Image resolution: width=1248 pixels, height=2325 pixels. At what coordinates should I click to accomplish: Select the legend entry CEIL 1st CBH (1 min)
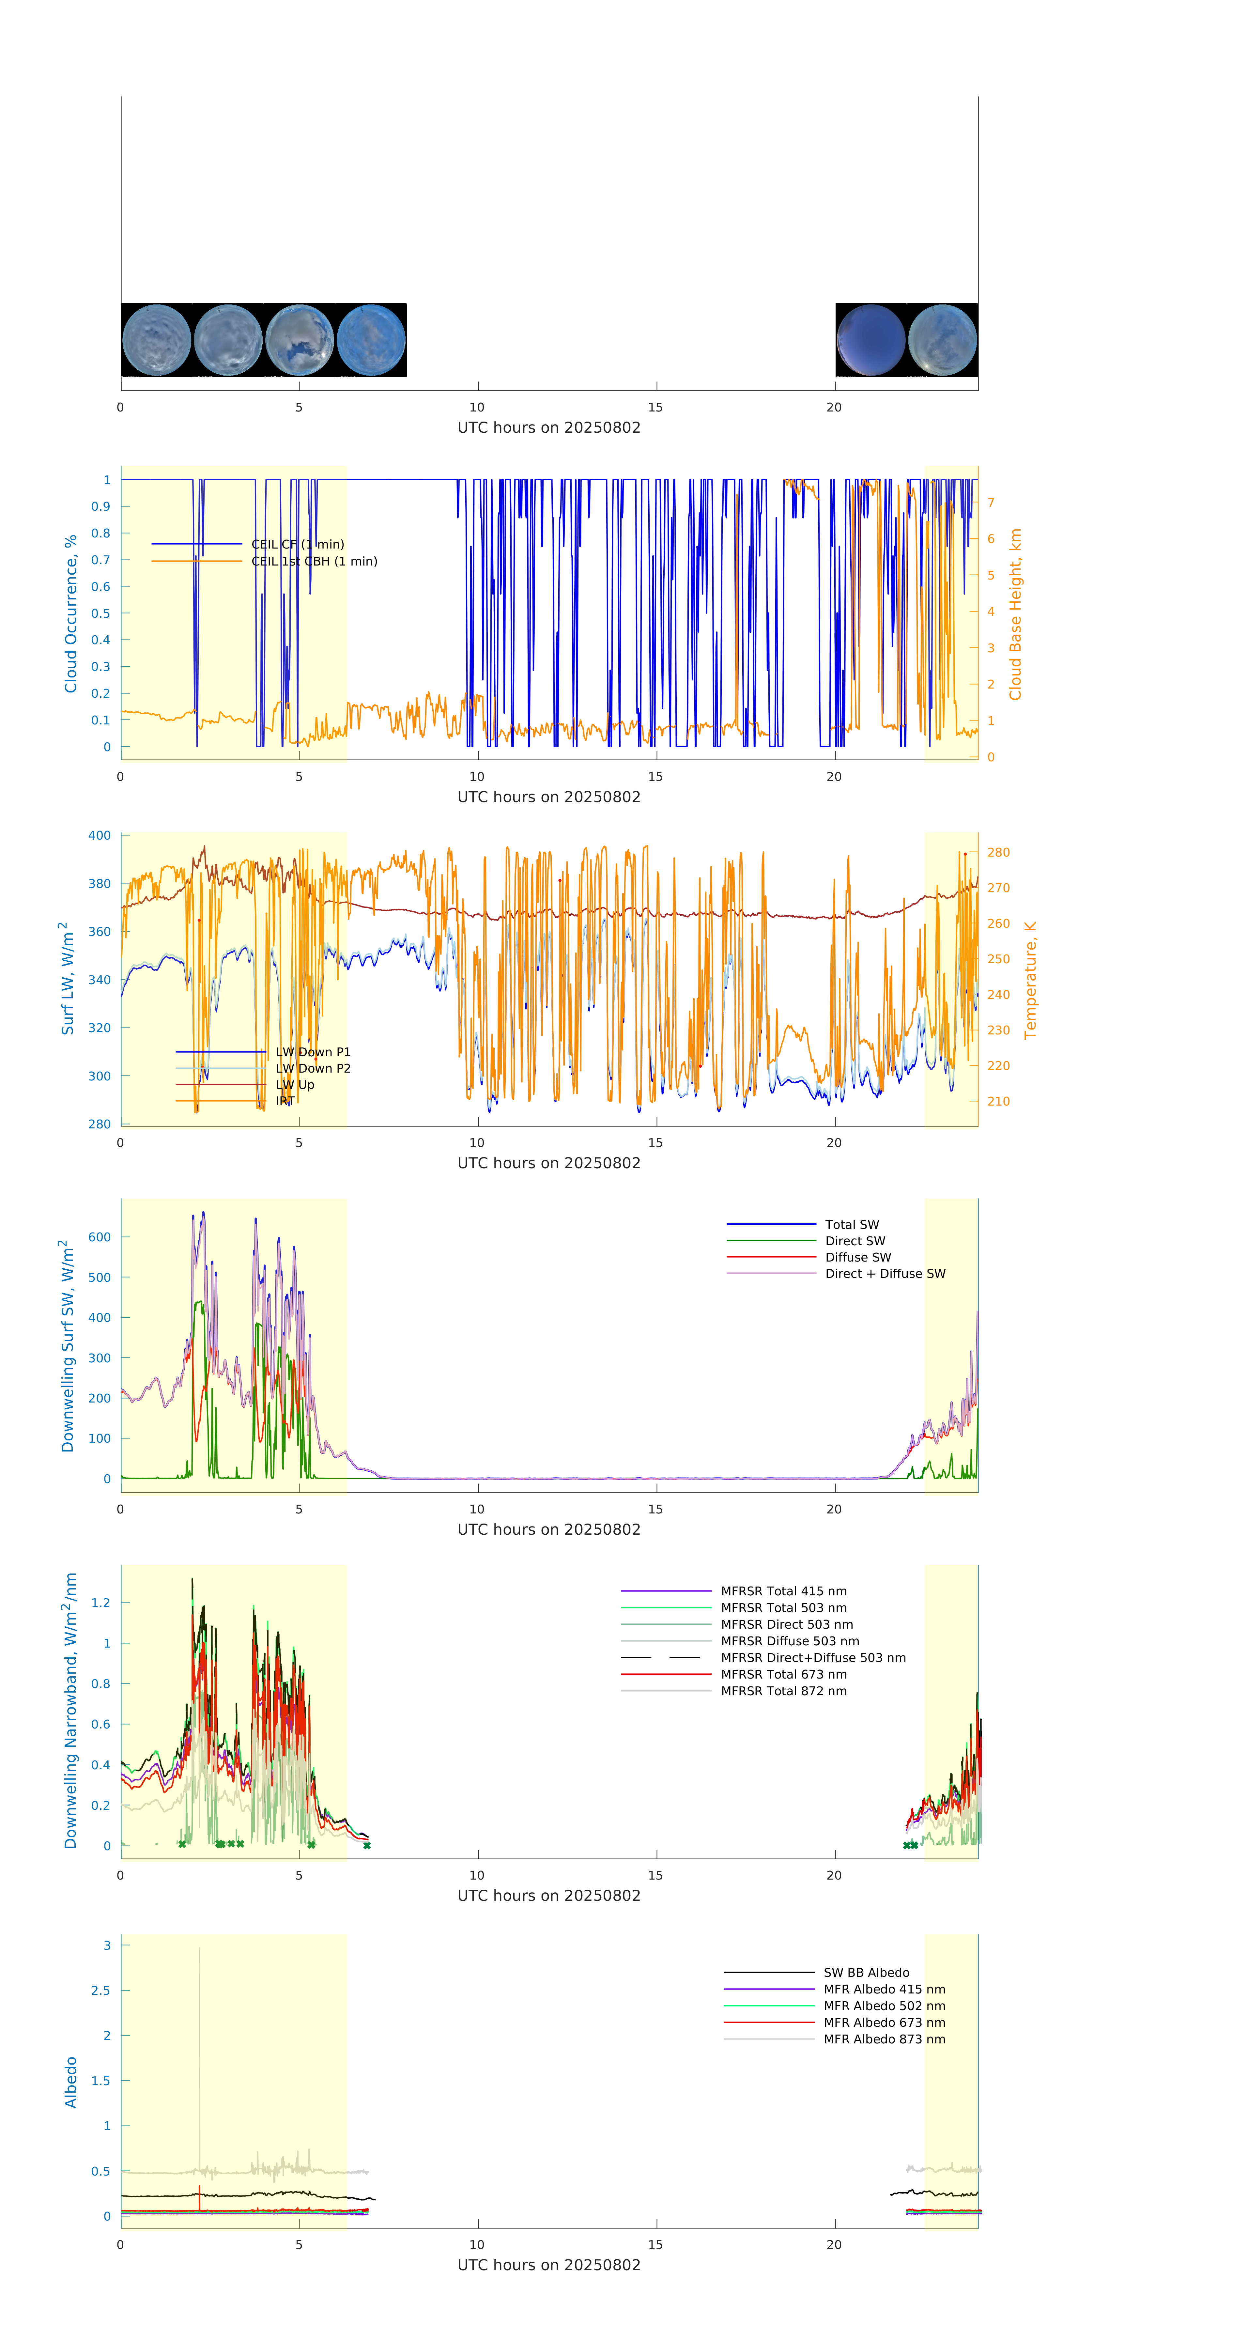[x=314, y=561]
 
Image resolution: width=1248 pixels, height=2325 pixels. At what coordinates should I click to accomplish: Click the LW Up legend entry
[x=294, y=1085]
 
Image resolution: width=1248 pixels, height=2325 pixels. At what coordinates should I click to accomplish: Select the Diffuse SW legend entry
[x=857, y=1257]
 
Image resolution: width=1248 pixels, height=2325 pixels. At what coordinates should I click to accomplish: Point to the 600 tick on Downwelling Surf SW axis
[x=99, y=1237]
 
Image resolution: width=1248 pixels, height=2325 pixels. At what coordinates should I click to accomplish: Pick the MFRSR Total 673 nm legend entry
[x=783, y=1674]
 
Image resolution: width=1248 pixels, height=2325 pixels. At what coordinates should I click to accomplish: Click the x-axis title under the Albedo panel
[x=549, y=2265]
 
